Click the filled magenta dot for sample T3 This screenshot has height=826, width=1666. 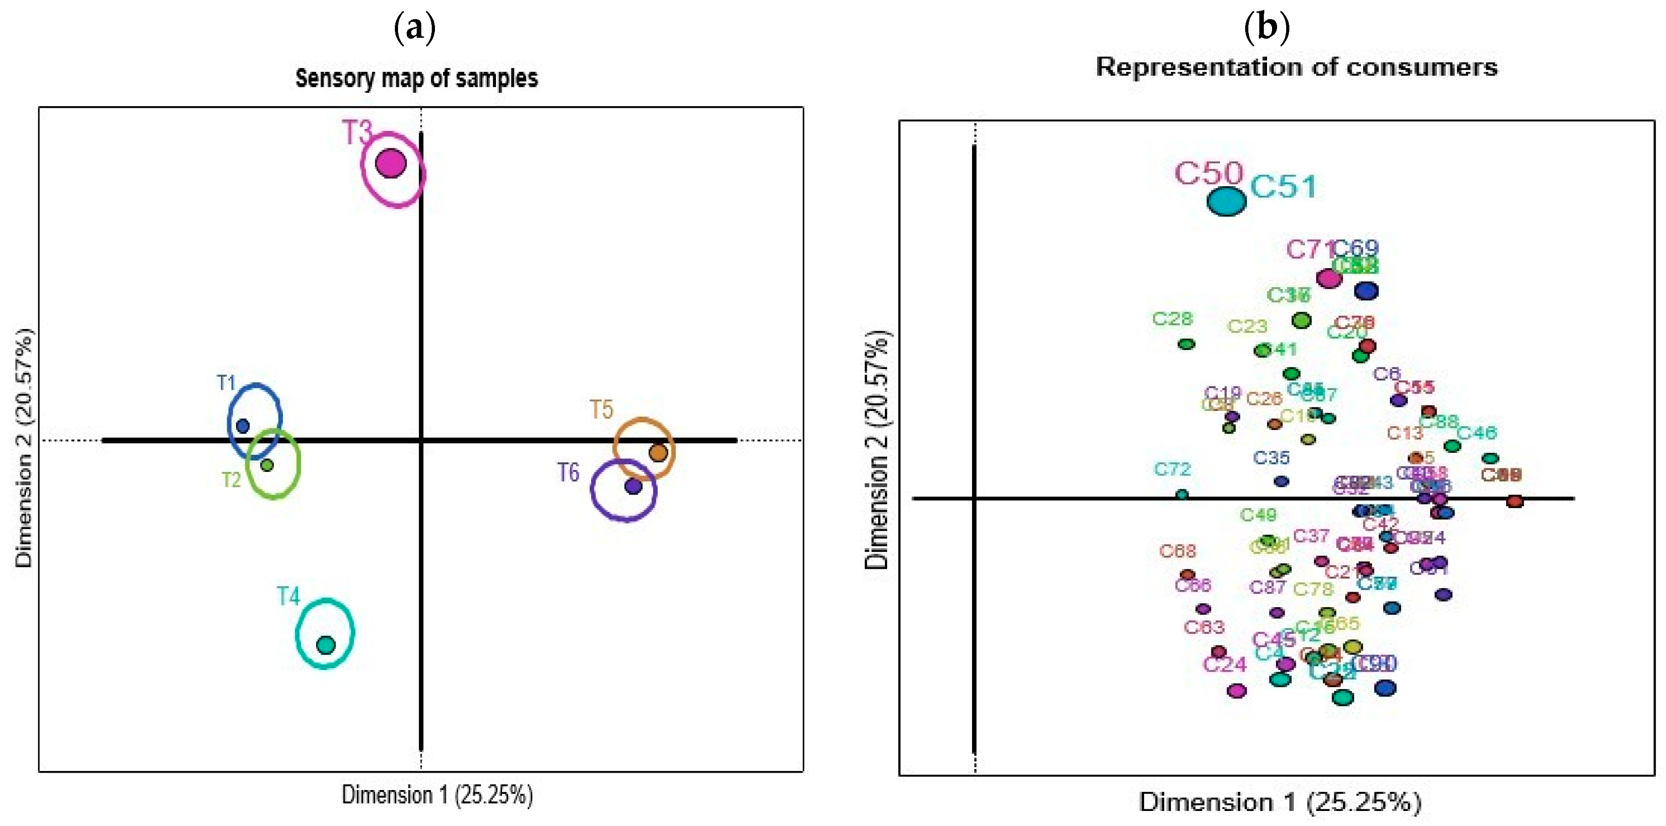tap(391, 163)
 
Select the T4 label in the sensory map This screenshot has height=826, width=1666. tap(288, 596)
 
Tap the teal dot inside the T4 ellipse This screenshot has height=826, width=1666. tap(326, 644)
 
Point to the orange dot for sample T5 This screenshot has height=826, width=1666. tap(659, 452)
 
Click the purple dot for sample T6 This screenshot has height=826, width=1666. tap(633, 486)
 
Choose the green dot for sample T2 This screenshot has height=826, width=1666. tap(267, 465)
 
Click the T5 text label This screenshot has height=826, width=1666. tap(601, 410)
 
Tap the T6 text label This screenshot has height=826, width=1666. tap(568, 472)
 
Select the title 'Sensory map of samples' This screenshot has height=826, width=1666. tap(416, 78)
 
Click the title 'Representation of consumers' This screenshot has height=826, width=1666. tap(1296, 67)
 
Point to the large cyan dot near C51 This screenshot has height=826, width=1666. tap(1226, 201)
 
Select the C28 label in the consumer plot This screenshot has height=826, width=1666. tap(1172, 319)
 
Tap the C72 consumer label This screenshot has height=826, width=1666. tap(1172, 469)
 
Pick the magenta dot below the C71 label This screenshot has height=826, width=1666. tap(1329, 279)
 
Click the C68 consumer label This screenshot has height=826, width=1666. tap(1177, 551)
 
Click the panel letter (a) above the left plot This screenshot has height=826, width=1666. tap(414, 28)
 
